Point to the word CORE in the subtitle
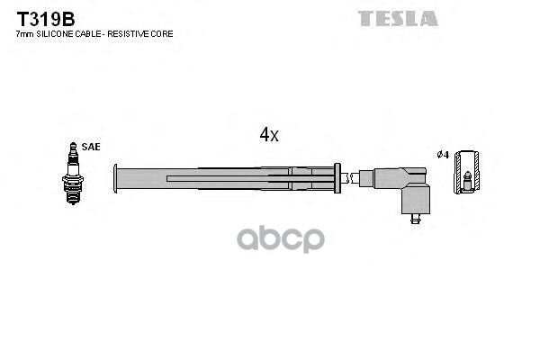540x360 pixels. [x=164, y=34]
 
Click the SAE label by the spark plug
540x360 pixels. [x=91, y=146]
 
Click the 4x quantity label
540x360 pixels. [x=269, y=135]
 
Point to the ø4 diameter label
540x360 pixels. [x=442, y=155]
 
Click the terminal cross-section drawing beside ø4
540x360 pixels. [x=465, y=173]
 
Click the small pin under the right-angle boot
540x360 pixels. [x=415, y=217]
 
